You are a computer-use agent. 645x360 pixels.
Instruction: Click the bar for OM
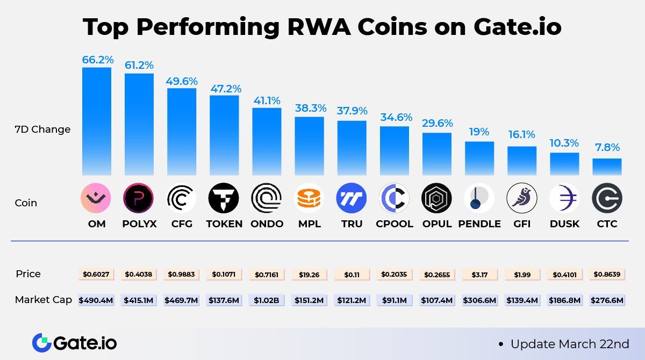(x=97, y=121)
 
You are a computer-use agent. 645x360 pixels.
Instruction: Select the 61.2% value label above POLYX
(x=139, y=65)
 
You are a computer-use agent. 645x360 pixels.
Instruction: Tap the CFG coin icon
(x=182, y=198)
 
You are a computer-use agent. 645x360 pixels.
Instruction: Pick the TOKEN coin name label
(x=224, y=224)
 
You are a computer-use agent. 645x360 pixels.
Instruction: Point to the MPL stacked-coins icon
(x=310, y=198)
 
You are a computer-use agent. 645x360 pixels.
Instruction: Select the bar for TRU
(x=352, y=148)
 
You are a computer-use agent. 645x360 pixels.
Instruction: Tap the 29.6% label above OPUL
(x=437, y=123)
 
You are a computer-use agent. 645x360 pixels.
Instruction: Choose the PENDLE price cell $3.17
(x=479, y=275)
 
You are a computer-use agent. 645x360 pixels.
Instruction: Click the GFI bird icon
(x=522, y=198)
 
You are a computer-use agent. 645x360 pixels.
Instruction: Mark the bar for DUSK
(x=564, y=164)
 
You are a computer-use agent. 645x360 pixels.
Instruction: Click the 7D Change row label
(x=42, y=129)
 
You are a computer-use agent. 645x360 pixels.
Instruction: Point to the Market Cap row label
(x=43, y=300)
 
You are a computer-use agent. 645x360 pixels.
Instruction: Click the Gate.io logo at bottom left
(x=74, y=343)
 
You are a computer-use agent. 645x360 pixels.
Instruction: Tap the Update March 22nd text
(x=569, y=344)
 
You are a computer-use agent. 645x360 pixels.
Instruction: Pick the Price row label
(x=28, y=274)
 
